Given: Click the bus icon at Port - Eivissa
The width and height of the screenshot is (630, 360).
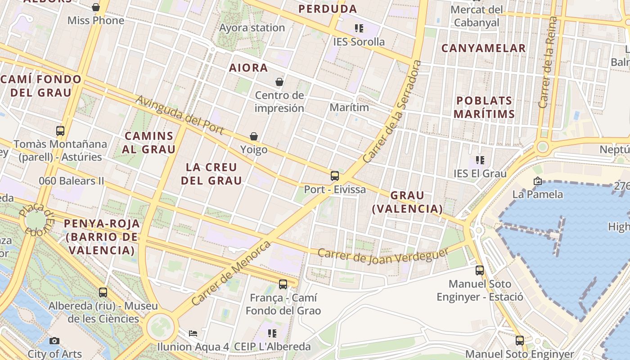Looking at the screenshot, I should pyautogui.click(x=334, y=176).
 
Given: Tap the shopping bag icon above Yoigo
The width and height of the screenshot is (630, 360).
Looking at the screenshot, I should pyautogui.click(x=254, y=136).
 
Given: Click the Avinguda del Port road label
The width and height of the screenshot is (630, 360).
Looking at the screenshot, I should pyautogui.click(x=180, y=114).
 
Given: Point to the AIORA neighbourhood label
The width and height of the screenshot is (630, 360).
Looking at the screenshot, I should pyautogui.click(x=248, y=68).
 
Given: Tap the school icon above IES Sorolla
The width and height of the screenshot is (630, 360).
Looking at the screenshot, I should pyautogui.click(x=359, y=28).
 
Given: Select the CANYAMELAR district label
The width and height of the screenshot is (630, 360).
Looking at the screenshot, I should pyautogui.click(x=483, y=48).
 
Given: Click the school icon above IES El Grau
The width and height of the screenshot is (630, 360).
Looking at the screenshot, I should pyautogui.click(x=480, y=160).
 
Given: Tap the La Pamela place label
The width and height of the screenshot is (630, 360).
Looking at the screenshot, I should pyautogui.click(x=538, y=194).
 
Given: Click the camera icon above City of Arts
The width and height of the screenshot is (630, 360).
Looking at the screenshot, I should pyautogui.click(x=54, y=341).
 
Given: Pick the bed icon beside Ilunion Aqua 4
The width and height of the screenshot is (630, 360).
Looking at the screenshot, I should pyautogui.click(x=193, y=333).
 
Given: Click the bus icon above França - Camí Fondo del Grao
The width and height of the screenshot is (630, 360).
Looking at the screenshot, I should pyautogui.click(x=283, y=284).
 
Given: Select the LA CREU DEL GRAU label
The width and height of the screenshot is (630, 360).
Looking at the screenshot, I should pyautogui.click(x=211, y=174).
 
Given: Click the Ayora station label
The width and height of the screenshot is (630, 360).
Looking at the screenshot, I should pyautogui.click(x=252, y=28).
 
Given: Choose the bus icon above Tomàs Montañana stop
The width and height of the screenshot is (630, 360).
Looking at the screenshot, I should pyautogui.click(x=60, y=131).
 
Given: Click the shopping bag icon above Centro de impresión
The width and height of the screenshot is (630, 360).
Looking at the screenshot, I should pyautogui.click(x=279, y=82).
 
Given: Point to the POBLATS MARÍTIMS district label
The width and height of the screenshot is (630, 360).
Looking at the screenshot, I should pyautogui.click(x=484, y=107).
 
